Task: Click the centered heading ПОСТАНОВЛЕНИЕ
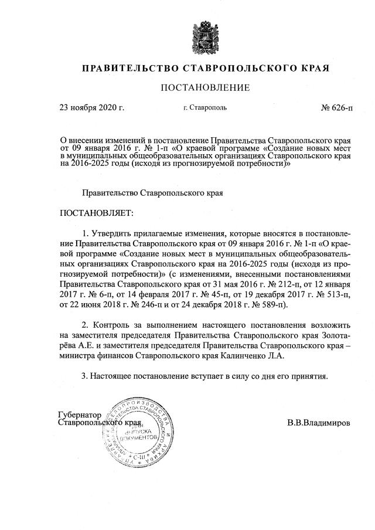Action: (205, 88)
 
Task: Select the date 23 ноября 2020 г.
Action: (93, 108)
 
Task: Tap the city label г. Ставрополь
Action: (205, 108)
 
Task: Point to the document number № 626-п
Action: (337, 108)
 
